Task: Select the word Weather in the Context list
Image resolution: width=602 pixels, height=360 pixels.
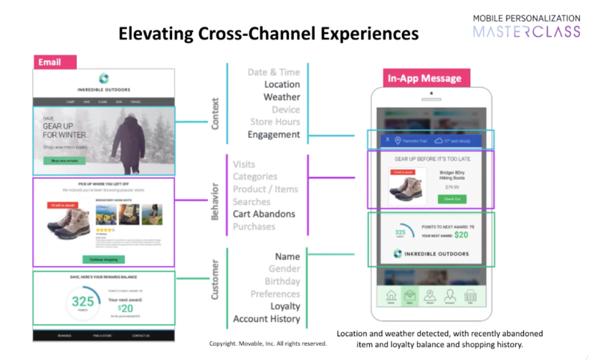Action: click(x=282, y=97)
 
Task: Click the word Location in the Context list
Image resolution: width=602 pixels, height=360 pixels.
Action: click(x=282, y=85)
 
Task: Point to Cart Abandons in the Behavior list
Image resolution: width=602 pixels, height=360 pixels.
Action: click(x=264, y=214)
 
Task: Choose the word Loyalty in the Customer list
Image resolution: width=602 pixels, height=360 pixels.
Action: click(x=285, y=306)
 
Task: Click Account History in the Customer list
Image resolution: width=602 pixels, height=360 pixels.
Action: click(x=267, y=319)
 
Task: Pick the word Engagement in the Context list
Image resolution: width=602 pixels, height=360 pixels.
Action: click(x=274, y=134)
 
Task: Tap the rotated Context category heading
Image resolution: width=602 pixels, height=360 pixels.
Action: click(x=215, y=114)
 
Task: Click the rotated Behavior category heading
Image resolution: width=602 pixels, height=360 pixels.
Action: click(x=215, y=200)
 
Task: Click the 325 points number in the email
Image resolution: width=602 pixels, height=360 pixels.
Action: click(x=82, y=301)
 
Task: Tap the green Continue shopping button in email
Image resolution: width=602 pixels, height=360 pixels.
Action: click(x=104, y=259)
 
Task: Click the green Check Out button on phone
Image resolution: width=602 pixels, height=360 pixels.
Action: click(x=451, y=199)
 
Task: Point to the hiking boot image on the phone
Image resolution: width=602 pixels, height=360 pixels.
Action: click(x=405, y=188)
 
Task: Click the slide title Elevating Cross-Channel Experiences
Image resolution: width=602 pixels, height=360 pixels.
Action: click(x=268, y=33)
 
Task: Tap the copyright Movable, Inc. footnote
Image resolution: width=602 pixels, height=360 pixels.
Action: click(x=268, y=344)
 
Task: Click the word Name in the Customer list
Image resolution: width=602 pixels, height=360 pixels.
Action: click(x=287, y=257)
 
